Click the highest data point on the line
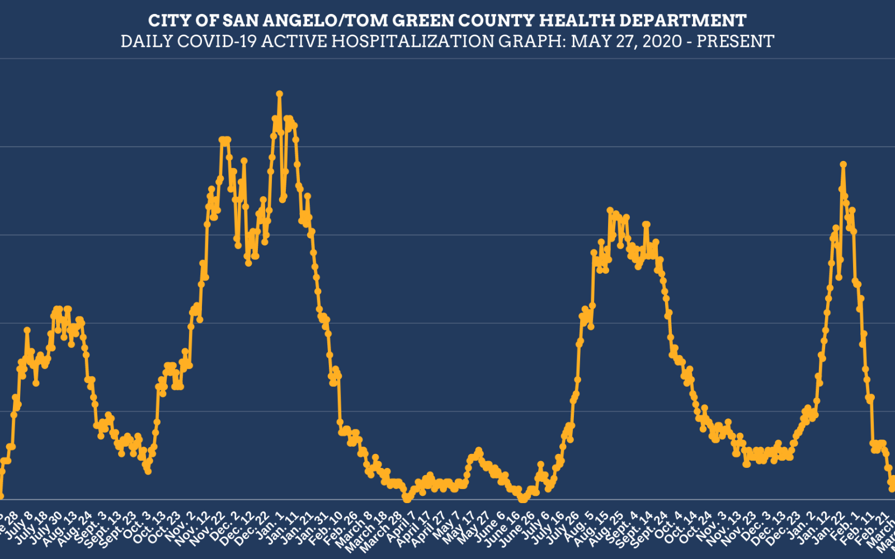point(279,94)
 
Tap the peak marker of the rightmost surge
point(843,164)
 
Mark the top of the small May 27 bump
point(478,450)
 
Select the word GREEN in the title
point(423,21)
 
